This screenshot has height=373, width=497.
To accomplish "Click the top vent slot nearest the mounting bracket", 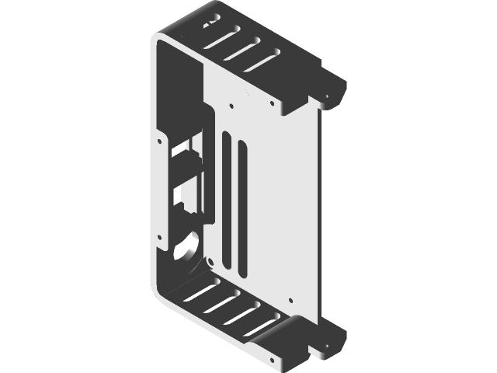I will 266,60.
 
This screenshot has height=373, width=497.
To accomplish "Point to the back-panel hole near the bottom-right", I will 290,299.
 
